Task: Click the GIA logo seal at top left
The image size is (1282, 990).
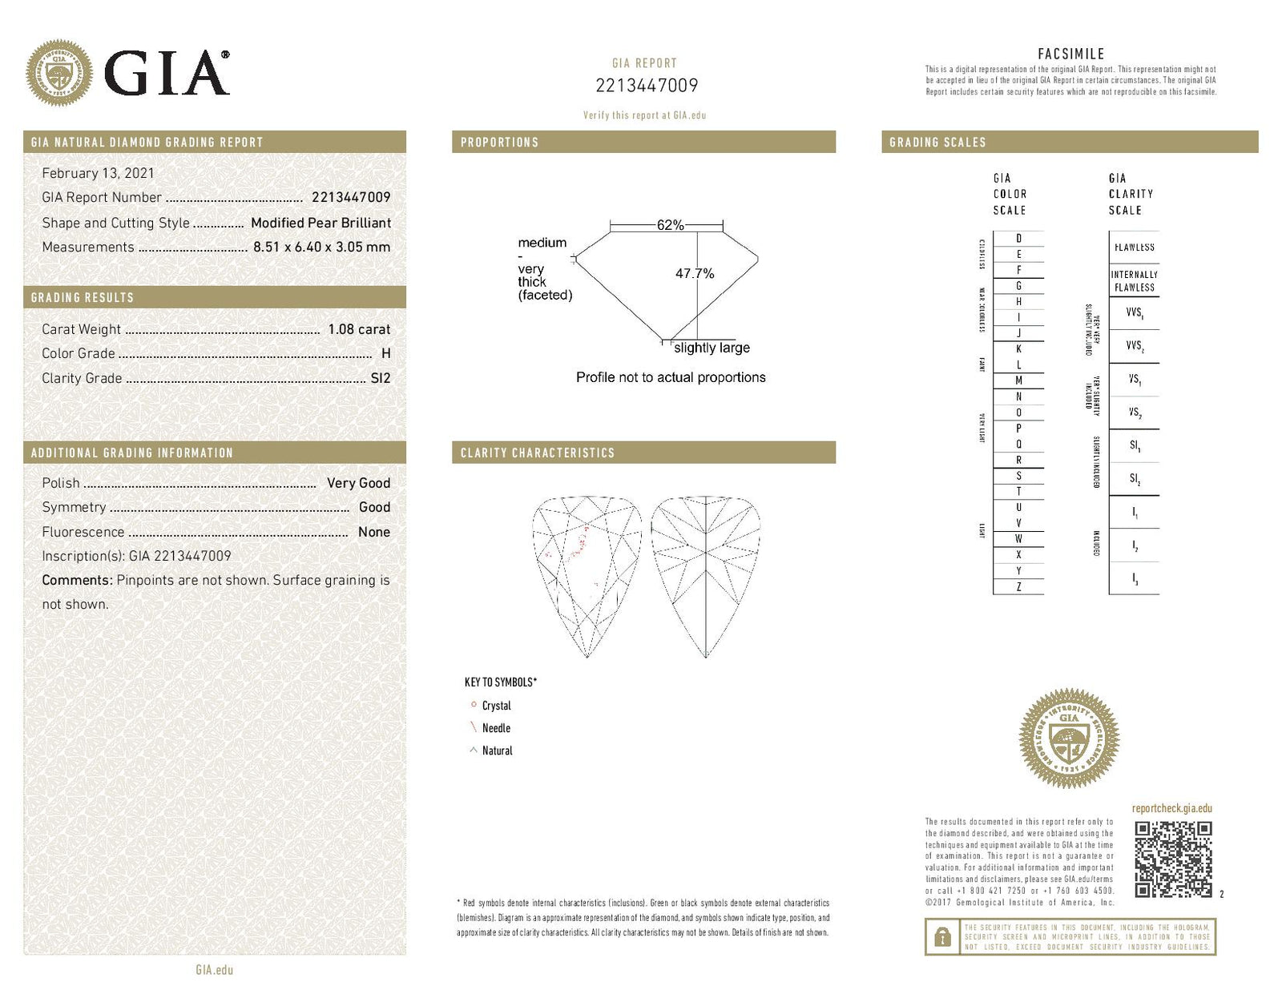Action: pyautogui.click(x=58, y=73)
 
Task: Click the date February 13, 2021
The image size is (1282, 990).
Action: pyautogui.click(x=98, y=173)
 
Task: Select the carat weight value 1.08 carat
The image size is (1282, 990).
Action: pyautogui.click(x=359, y=329)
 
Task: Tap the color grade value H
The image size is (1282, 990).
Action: pyautogui.click(x=386, y=353)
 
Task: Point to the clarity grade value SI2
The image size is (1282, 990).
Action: pyautogui.click(x=381, y=378)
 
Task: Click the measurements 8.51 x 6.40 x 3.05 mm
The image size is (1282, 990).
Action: pyautogui.click(x=321, y=247)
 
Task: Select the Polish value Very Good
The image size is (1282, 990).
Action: pyautogui.click(x=358, y=483)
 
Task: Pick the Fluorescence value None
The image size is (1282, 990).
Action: pyautogui.click(x=373, y=532)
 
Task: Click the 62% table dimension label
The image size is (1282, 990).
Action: pyautogui.click(x=670, y=225)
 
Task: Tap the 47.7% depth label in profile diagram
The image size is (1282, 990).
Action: pyautogui.click(x=694, y=273)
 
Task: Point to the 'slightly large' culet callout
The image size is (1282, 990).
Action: pyautogui.click(x=712, y=348)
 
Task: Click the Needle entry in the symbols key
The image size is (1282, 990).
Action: pyautogui.click(x=495, y=728)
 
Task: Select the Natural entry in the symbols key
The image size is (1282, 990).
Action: pyautogui.click(x=496, y=751)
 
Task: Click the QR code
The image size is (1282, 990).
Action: pyautogui.click(x=1173, y=859)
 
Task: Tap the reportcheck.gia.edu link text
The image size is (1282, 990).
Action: pyautogui.click(x=1171, y=808)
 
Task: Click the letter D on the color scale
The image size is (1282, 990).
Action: pyautogui.click(x=1018, y=239)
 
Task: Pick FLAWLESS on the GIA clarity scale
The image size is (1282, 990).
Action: pyautogui.click(x=1134, y=247)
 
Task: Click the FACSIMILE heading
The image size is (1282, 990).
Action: pyautogui.click(x=1070, y=54)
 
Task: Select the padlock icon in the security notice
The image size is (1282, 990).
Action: pyautogui.click(x=943, y=936)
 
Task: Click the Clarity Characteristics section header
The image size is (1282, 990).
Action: pyautogui.click(x=537, y=453)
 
